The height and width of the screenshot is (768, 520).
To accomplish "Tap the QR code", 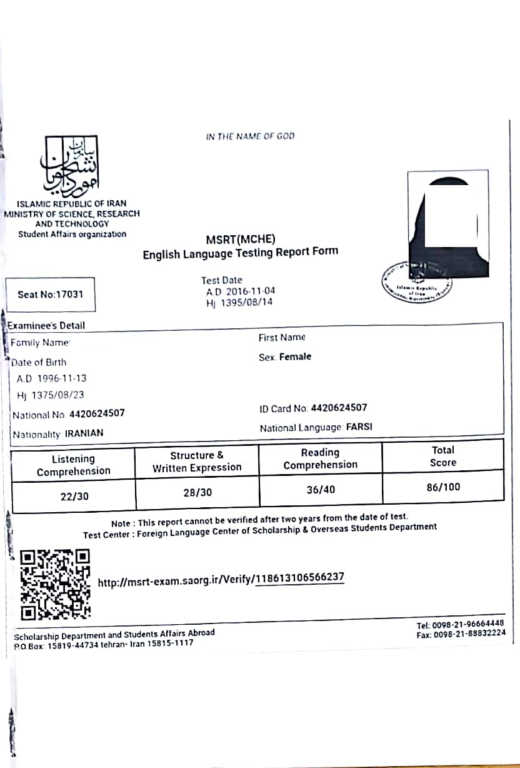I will click(55, 584).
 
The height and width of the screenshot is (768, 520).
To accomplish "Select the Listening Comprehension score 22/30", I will click(73, 496).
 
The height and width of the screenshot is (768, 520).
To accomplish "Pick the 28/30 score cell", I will click(197, 493).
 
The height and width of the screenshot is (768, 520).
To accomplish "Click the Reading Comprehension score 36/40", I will click(321, 490).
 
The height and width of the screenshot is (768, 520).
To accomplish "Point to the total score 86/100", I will click(443, 487).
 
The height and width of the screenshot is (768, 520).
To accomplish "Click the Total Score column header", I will click(443, 456).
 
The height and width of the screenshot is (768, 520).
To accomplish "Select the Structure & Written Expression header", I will click(197, 462).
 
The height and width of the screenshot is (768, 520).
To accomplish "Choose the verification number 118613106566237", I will click(299, 577).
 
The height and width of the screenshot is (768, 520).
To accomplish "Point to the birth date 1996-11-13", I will click(62, 379).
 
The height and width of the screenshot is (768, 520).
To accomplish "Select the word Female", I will click(295, 357).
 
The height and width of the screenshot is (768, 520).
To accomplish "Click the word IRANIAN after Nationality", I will click(84, 433).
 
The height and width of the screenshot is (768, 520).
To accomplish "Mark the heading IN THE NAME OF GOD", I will click(250, 136).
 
